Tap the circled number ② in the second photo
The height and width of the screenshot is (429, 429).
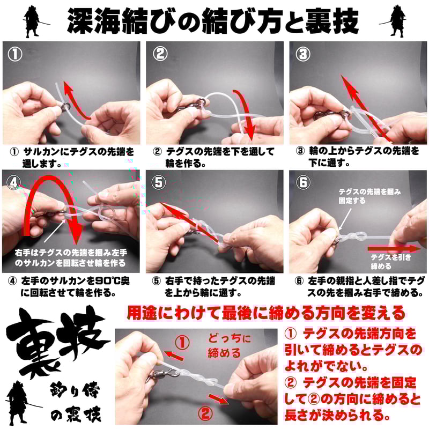(159, 54)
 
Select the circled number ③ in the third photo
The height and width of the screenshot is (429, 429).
(304, 54)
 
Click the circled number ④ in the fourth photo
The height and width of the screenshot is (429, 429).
(13, 182)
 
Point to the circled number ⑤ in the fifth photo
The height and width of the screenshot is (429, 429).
(159, 182)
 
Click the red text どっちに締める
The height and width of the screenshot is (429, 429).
(227, 346)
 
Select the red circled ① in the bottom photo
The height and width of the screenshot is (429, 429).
(183, 342)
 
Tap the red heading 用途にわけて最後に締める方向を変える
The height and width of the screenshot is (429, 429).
(265, 312)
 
